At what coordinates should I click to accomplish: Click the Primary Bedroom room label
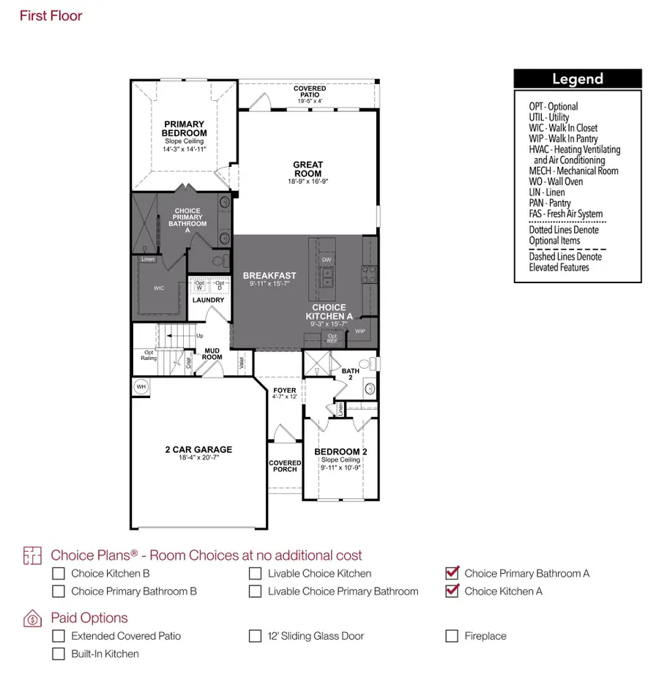[x=184, y=129]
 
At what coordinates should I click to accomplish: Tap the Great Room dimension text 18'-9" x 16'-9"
[x=308, y=181]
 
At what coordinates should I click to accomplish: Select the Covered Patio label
[x=310, y=91]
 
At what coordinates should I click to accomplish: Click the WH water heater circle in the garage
[x=141, y=386]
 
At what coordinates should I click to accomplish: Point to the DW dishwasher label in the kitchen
[x=327, y=260]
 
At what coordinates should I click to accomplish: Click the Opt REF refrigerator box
[x=332, y=339]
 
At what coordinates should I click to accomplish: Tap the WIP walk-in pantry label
[x=360, y=331]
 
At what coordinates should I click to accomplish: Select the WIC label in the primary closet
[x=159, y=288]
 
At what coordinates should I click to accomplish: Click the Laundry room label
[x=208, y=300]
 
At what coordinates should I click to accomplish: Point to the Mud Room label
[x=212, y=354]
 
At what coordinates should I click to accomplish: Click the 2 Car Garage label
[x=198, y=450]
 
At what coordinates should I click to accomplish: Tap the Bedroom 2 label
[x=340, y=452]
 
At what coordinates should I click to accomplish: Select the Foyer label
[x=284, y=390]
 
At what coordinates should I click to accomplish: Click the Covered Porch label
[x=285, y=466]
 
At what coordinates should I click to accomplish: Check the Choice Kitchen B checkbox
[x=58, y=574]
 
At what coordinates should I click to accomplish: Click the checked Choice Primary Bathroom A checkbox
[x=452, y=573]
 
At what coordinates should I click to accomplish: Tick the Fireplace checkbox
[x=452, y=636]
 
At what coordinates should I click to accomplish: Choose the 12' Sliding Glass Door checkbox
[x=255, y=636]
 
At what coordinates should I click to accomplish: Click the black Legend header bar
[x=577, y=79]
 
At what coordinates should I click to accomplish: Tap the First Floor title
[x=51, y=15]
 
